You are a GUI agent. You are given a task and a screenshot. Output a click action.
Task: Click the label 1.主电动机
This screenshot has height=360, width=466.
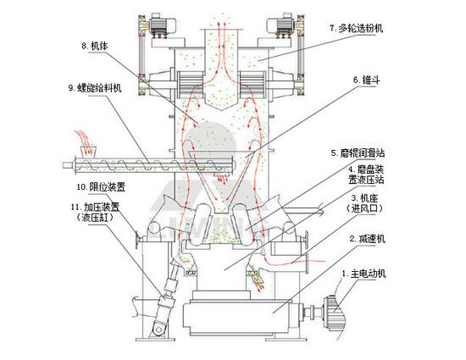click(365, 274)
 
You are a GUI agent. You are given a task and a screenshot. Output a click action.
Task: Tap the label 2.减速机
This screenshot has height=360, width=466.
click(367, 240)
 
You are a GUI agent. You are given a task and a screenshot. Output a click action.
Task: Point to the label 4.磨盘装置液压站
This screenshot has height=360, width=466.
click(366, 174)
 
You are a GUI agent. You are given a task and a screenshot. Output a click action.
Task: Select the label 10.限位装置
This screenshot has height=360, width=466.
click(95, 186)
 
